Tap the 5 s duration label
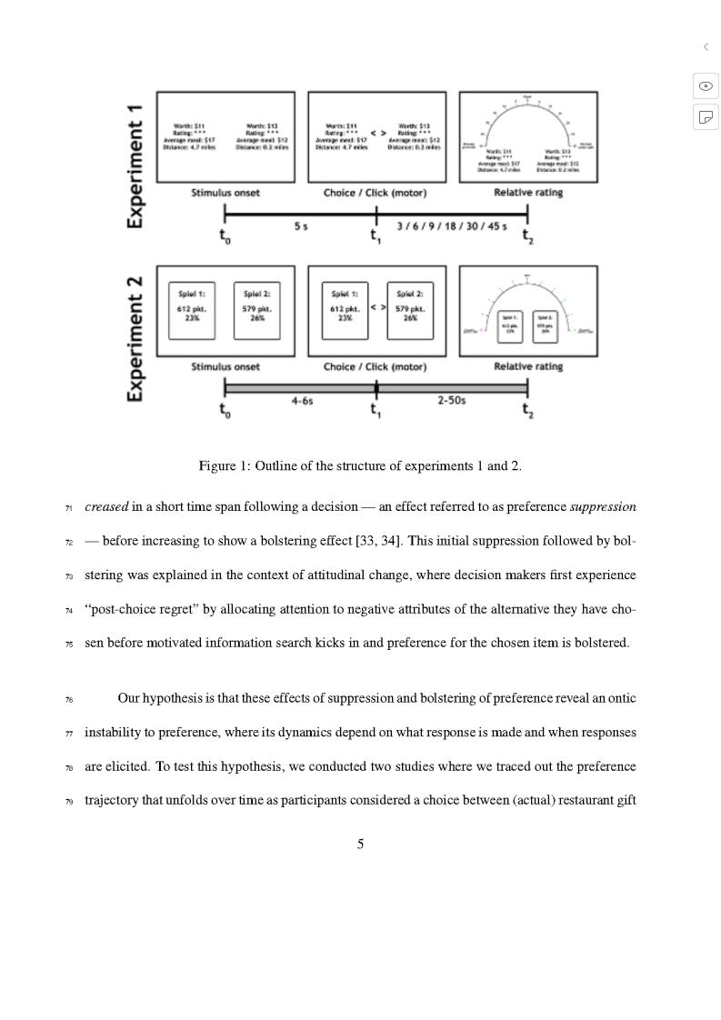pyautogui.click(x=300, y=226)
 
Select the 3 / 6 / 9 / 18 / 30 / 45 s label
pyautogui.click(x=452, y=226)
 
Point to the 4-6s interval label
pyautogui.click(x=302, y=401)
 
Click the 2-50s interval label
pyautogui.click(x=452, y=401)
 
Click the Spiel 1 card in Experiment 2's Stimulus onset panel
pyautogui.click(x=192, y=310)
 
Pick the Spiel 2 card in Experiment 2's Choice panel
pyautogui.click(x=410, y=310)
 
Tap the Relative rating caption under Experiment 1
pyautogui.click(x=528, y=193)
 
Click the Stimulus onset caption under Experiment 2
pyautogui.click(x=225, y=366)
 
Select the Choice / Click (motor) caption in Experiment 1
pyautogui.click(x=375, y=193)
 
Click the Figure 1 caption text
pyautogui.click(x=360, y=466)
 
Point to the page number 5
pyautogui.click(x=360, y=844)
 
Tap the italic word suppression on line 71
pyautogui.click(x=603, y=506)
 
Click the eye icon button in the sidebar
pyautogui.click(x=706, y=85)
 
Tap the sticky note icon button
pyautogui.click(x=706, y=116)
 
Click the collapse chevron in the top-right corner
pyautogui.click(x=706, y=46)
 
